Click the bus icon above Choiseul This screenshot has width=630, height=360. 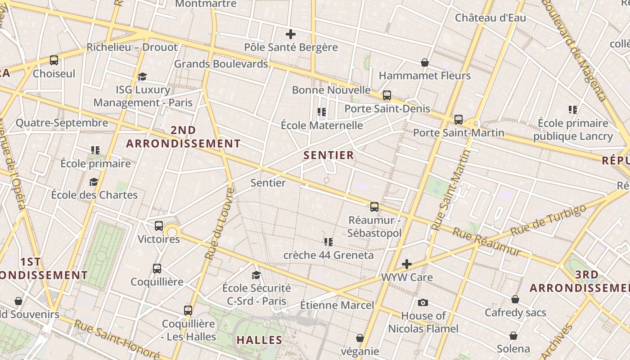click(x=54, y=60)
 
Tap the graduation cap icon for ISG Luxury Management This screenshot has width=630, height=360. click(x=143, y=76)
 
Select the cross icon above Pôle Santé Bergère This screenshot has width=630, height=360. click(x=291, y=34)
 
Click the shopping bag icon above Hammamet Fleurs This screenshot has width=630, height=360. click(x=424, y=62)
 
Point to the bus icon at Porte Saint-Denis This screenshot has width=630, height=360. click(x=387, y=95)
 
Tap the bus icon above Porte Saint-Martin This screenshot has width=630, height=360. click(x=458, y=120)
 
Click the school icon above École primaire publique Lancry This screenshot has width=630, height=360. click(x=573, y=109)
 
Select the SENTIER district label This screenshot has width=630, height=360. click(x=328, y=156)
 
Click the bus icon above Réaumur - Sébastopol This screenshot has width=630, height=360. click(x=374, y=207)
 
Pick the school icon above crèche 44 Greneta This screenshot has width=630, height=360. click(x=328, y=242)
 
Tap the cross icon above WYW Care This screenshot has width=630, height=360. click(x=407, y=264)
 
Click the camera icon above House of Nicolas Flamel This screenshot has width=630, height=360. click(x=423, y=302)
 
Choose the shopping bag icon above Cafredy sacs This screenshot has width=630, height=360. click(x=515, y=299)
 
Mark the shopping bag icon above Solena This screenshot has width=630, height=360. click(x=513, y=336)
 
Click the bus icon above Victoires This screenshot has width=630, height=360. click(x=158, y=226)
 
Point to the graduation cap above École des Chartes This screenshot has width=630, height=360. click(x=94, y=182)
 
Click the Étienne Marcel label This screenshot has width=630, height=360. click(x=337, y=305)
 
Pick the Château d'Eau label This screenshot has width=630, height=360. click(x=490, y=18)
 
